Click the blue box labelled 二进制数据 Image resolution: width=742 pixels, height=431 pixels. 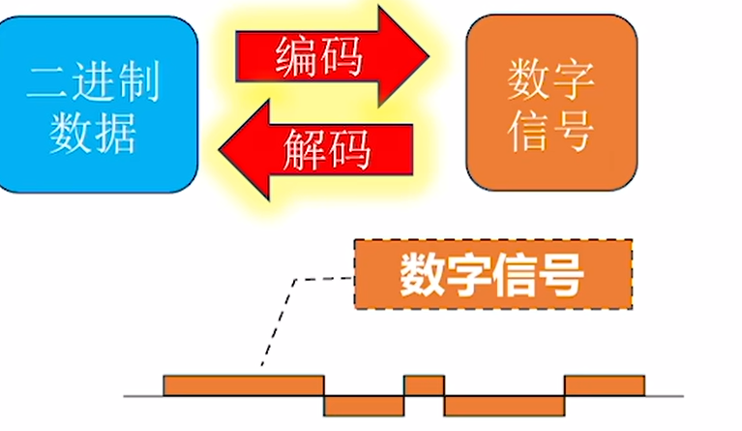click(x=97, y=104)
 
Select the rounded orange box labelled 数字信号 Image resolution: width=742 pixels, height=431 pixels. click(x=550, y=104)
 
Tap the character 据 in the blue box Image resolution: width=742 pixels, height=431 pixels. click(x=113, y=133)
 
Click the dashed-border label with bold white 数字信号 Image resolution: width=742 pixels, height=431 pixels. click(x=492, y=274)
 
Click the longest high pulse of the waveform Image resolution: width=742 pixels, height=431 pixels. click(x=242, y=385)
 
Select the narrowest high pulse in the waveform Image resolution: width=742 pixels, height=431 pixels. click(x=424, y=385)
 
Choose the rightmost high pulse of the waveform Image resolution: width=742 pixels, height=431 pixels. click(x=605, y=385)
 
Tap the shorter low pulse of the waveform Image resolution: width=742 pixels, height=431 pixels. click(x=364, y=405)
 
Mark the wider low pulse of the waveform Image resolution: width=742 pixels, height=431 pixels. click(x=504, y=405)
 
